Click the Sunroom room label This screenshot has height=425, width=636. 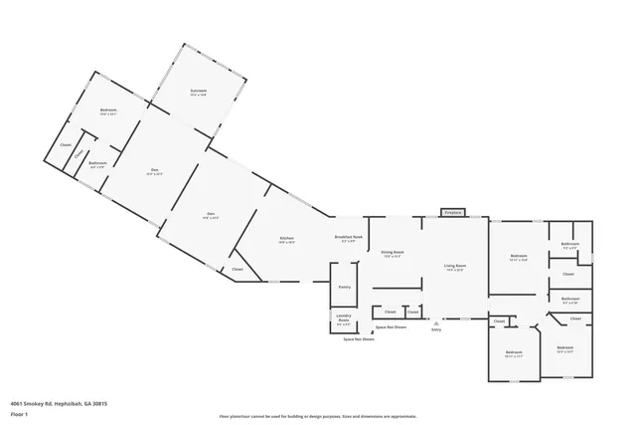pyautogui.click(x=199, y=93)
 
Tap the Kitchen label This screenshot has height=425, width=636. pyautogui.click(x=286, y=240)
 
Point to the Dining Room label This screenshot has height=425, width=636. pyautogui.click(x=393, y=254)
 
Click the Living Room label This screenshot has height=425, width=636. pyautogui.click(x=455, y=268)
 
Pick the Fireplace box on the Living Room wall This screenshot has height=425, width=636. pyautogui.click(x=453, y=212)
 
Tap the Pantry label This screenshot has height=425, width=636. pyautogui.click(x=345, y=287)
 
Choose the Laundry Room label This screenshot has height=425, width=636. pyautogui.click(x=343, y=321)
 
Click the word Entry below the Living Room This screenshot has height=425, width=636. pyautogui.click(x=435, y=330)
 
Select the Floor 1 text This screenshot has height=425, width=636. pyautogui.click(x=18, y=412)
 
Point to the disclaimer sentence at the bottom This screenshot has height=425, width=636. pyautogui.click(x=317, y=417)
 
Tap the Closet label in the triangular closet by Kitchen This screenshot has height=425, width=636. pyautogui.click(x=238, y=270)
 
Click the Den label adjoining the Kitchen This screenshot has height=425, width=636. pyautogui.click(x=211, y=215)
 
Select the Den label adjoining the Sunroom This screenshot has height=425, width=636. pyautogui.click(x=155, y=171)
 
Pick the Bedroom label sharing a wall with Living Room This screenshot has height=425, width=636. pyautogui.click(x=518, y=257)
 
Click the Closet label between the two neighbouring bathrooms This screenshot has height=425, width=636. pyautogui.click(x=568, y=274)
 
